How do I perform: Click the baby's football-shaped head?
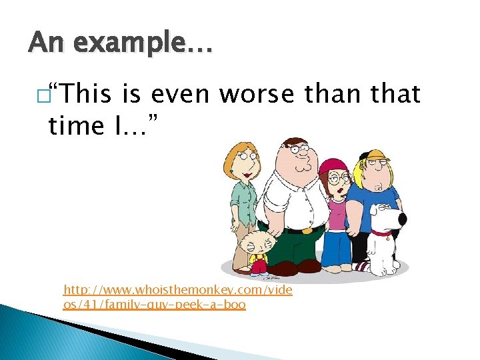[x=253, y=243]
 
